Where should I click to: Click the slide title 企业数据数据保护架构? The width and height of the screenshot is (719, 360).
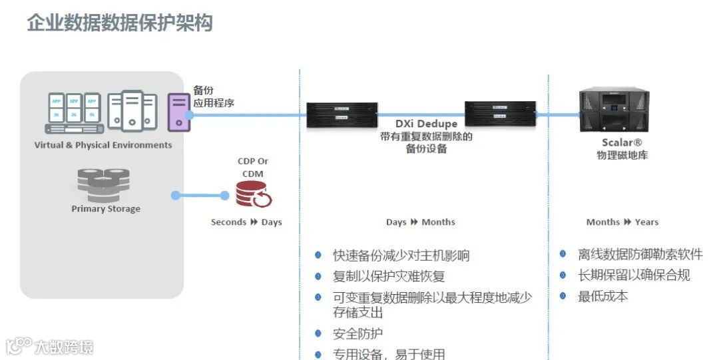pyautogui.click(x=120, y=23)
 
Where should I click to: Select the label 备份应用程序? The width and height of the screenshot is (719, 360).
pyautogui.click(x=213, y=96)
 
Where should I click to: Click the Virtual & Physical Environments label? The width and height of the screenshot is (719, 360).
pyautogui.click(x=103, y=145)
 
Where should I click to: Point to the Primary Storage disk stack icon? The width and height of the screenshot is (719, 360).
pyautogui.click(x=103, y=185)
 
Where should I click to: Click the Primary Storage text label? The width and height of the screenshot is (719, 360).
pyautogui.click(x=106, y=208)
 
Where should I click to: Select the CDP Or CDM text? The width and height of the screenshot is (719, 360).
pyautogui.click(x=253, y=167)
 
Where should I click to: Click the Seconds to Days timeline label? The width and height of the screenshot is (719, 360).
pyautogui.click(x=246, y=222)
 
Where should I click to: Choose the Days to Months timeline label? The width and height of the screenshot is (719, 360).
pyautogui.click(x=421, y=222)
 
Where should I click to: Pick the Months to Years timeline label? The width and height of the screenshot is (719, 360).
pyautogui.click(x=622, y=222)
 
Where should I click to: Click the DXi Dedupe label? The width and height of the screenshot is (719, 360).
pyautogui.click(x=426, y=124)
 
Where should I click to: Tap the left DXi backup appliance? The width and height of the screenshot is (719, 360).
pyautogui.click(x=342, y=114)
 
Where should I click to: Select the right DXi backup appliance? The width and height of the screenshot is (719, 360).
pyautogui.click(x=500, y=114)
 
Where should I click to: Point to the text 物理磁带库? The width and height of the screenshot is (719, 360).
pyautogui.click(x=622, y=156)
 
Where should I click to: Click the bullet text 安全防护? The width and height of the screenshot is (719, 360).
pyautogui.click(x=358, y=333)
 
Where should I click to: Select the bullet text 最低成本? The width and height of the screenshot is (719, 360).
pyautogui.click(x=602, y=296)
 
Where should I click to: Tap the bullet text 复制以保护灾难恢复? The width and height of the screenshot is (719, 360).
pyautogui.click(x=389, y=275)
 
